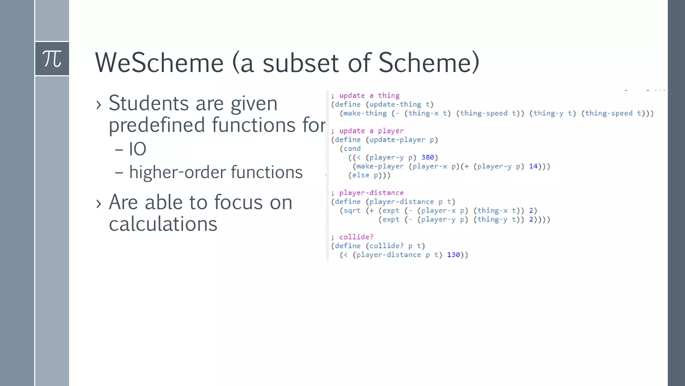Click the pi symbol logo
click(52, 59)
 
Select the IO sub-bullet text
click(137, 149)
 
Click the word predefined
click(157, 125)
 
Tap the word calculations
click(163, 224)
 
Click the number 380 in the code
click(427, 157)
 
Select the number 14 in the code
click(533, 166)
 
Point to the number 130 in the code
click(454, 255)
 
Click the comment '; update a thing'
click(365, 95)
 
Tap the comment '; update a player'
click(367, 131)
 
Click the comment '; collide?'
click(352, 237)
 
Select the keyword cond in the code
click(352, 149)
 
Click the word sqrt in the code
click(352, 211)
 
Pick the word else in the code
click(361, 175)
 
